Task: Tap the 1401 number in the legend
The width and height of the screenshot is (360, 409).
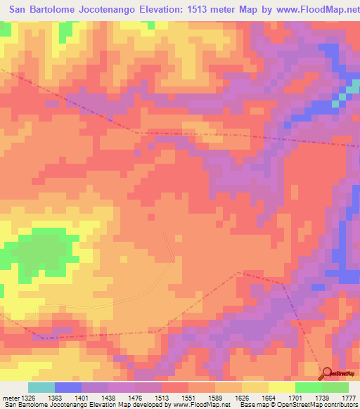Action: pyautogui.click(x=83, y=397)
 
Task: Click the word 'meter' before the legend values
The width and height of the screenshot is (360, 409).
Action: pyautogui.click(x=9, y=397)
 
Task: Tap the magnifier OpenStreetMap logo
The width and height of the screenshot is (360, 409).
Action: pyautogui.click(x=327, y=373)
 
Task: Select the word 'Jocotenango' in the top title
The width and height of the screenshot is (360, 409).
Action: pyautogui.click(x=109, y=9)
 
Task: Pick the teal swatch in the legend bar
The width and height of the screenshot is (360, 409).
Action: pyautogui.click(x=41, y=387)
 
